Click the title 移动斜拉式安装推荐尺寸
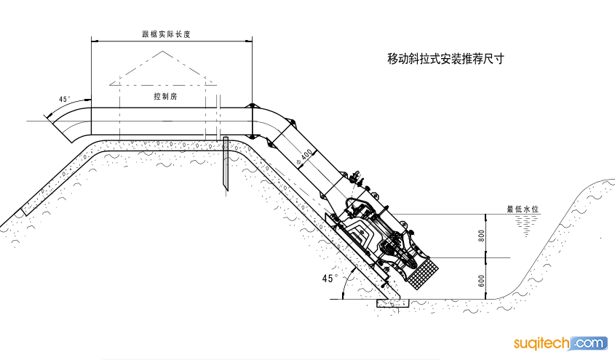click(445, 59)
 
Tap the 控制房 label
click(165, 96)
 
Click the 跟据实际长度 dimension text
click(166, 34)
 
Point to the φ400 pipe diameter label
click(305, 157)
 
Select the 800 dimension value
click(482, 236)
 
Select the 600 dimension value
click(482, 281)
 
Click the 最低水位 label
click(523, 209)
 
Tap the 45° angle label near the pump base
click(330, 279)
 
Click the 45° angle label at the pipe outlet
click(65, 99)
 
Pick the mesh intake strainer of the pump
click(423, 273)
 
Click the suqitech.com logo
click(560, 343)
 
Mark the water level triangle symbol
click(526, 226)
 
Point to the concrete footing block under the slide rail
click(392, 303)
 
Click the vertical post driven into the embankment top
click(226, 164)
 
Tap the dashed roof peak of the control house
click(163, 52)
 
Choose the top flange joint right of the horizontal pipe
click(251, 106)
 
